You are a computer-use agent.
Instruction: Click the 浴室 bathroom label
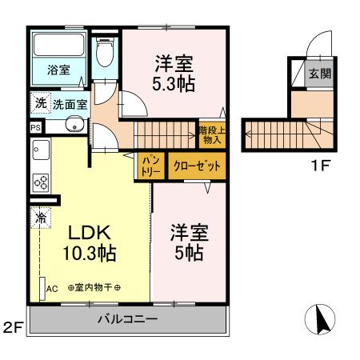click(x=57, y=70)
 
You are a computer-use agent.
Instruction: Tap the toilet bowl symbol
click(x=103, y=54)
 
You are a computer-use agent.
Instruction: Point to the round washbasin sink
click(x=74, y=126)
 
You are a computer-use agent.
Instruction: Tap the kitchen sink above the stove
click(x=40, y=150)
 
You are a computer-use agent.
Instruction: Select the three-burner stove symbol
click(x=41, y=182)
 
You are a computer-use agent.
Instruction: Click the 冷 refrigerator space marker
click(x=40, y=216)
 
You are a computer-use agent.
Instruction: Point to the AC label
click(x=53, y=288)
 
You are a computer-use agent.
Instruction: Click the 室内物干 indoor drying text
click(x=94, y=288)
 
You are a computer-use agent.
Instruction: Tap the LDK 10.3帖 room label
click(x=89, y=243)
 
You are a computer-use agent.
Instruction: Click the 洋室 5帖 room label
click(x=189, y=243)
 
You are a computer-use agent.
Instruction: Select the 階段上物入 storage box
click(x=210, y=134)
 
